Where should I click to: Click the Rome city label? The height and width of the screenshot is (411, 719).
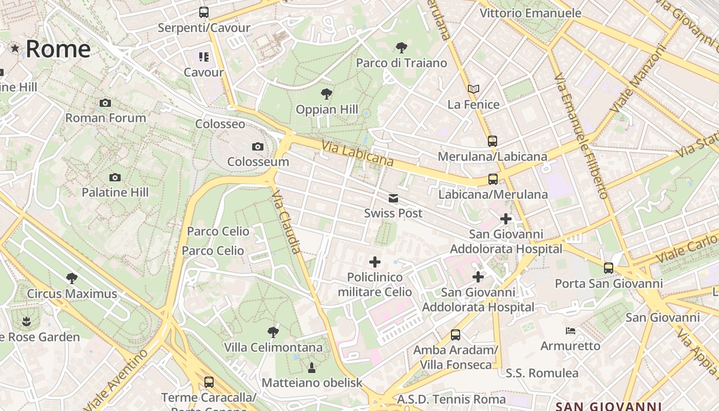click(x=58, y=49)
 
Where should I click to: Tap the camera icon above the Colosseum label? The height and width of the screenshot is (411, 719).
click(x=258, y=147)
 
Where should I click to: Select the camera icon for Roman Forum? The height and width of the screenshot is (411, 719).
click(x=105, y=103)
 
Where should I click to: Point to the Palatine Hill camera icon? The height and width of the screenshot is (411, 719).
click(x=115, y=178)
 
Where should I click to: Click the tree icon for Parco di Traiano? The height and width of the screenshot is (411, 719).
click(x=402, y=48)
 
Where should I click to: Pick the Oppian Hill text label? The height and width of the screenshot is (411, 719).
click(x=327, y=109)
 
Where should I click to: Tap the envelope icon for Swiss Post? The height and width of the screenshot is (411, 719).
click(x=393, y=198)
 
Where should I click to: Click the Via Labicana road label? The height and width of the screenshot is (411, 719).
click(x=357, y=154)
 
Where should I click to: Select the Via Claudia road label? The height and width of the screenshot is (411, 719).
click(x=286, y=221)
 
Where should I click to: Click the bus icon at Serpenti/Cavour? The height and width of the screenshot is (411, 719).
click(x=204, y=12)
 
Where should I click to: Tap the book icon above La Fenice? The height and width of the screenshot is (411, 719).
click(x=474, y=89)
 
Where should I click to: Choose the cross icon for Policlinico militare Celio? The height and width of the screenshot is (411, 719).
click(x=375, y=262)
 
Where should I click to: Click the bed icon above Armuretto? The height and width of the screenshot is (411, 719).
click(x=570, y=330)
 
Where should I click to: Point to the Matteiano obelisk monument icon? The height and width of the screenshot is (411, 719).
click(x=311, y=367)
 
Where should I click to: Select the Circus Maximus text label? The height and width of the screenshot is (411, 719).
click(x=72, y=294)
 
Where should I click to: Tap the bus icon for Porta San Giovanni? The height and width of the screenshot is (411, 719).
click(x=609, y=268)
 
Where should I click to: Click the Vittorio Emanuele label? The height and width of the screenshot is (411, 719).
click(x=531, y=13)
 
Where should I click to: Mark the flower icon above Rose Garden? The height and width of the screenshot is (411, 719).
click(x=26, y=322)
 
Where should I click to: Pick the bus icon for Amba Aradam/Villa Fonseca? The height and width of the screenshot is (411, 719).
click(x=456, y=335)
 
